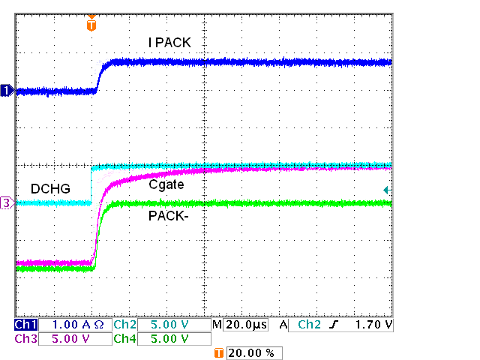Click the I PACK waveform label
[x=169, y=43]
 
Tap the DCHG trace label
[x=51, y=188]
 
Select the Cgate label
[x=166, y=184]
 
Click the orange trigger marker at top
[x=91, y=24]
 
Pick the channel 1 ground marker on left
[x=7, y=91]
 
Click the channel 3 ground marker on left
[x=7, y=202]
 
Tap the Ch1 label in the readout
[x=25, y=325]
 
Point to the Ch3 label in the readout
[x=25, y=338]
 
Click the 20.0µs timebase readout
[x=246, y=325]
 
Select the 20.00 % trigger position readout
[x=254, y=352]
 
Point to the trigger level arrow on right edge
[x=386, y=190]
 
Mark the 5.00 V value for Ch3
[x=73, y=338]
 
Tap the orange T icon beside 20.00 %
[x=219, y=352]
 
